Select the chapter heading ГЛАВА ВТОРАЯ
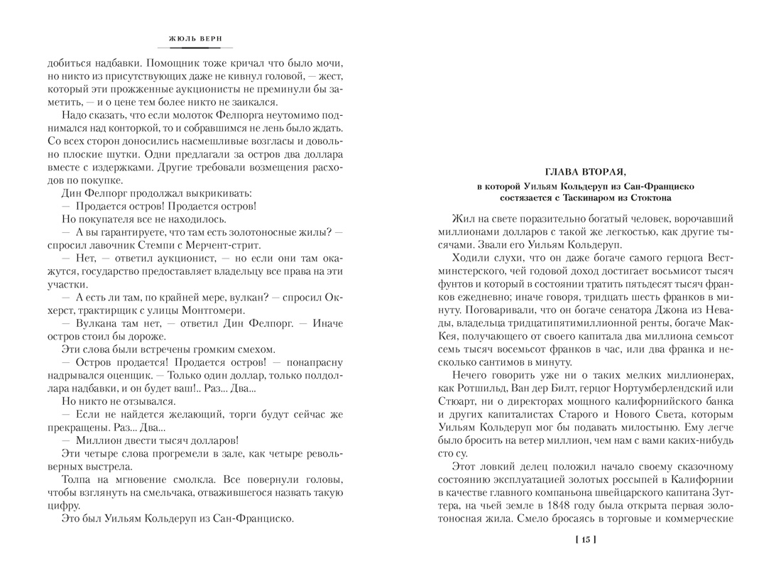585,170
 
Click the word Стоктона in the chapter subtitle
648,198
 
